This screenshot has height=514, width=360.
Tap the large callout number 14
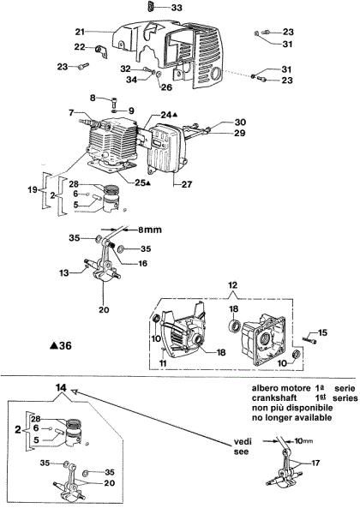pyautogui.click(x=59, y=388)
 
